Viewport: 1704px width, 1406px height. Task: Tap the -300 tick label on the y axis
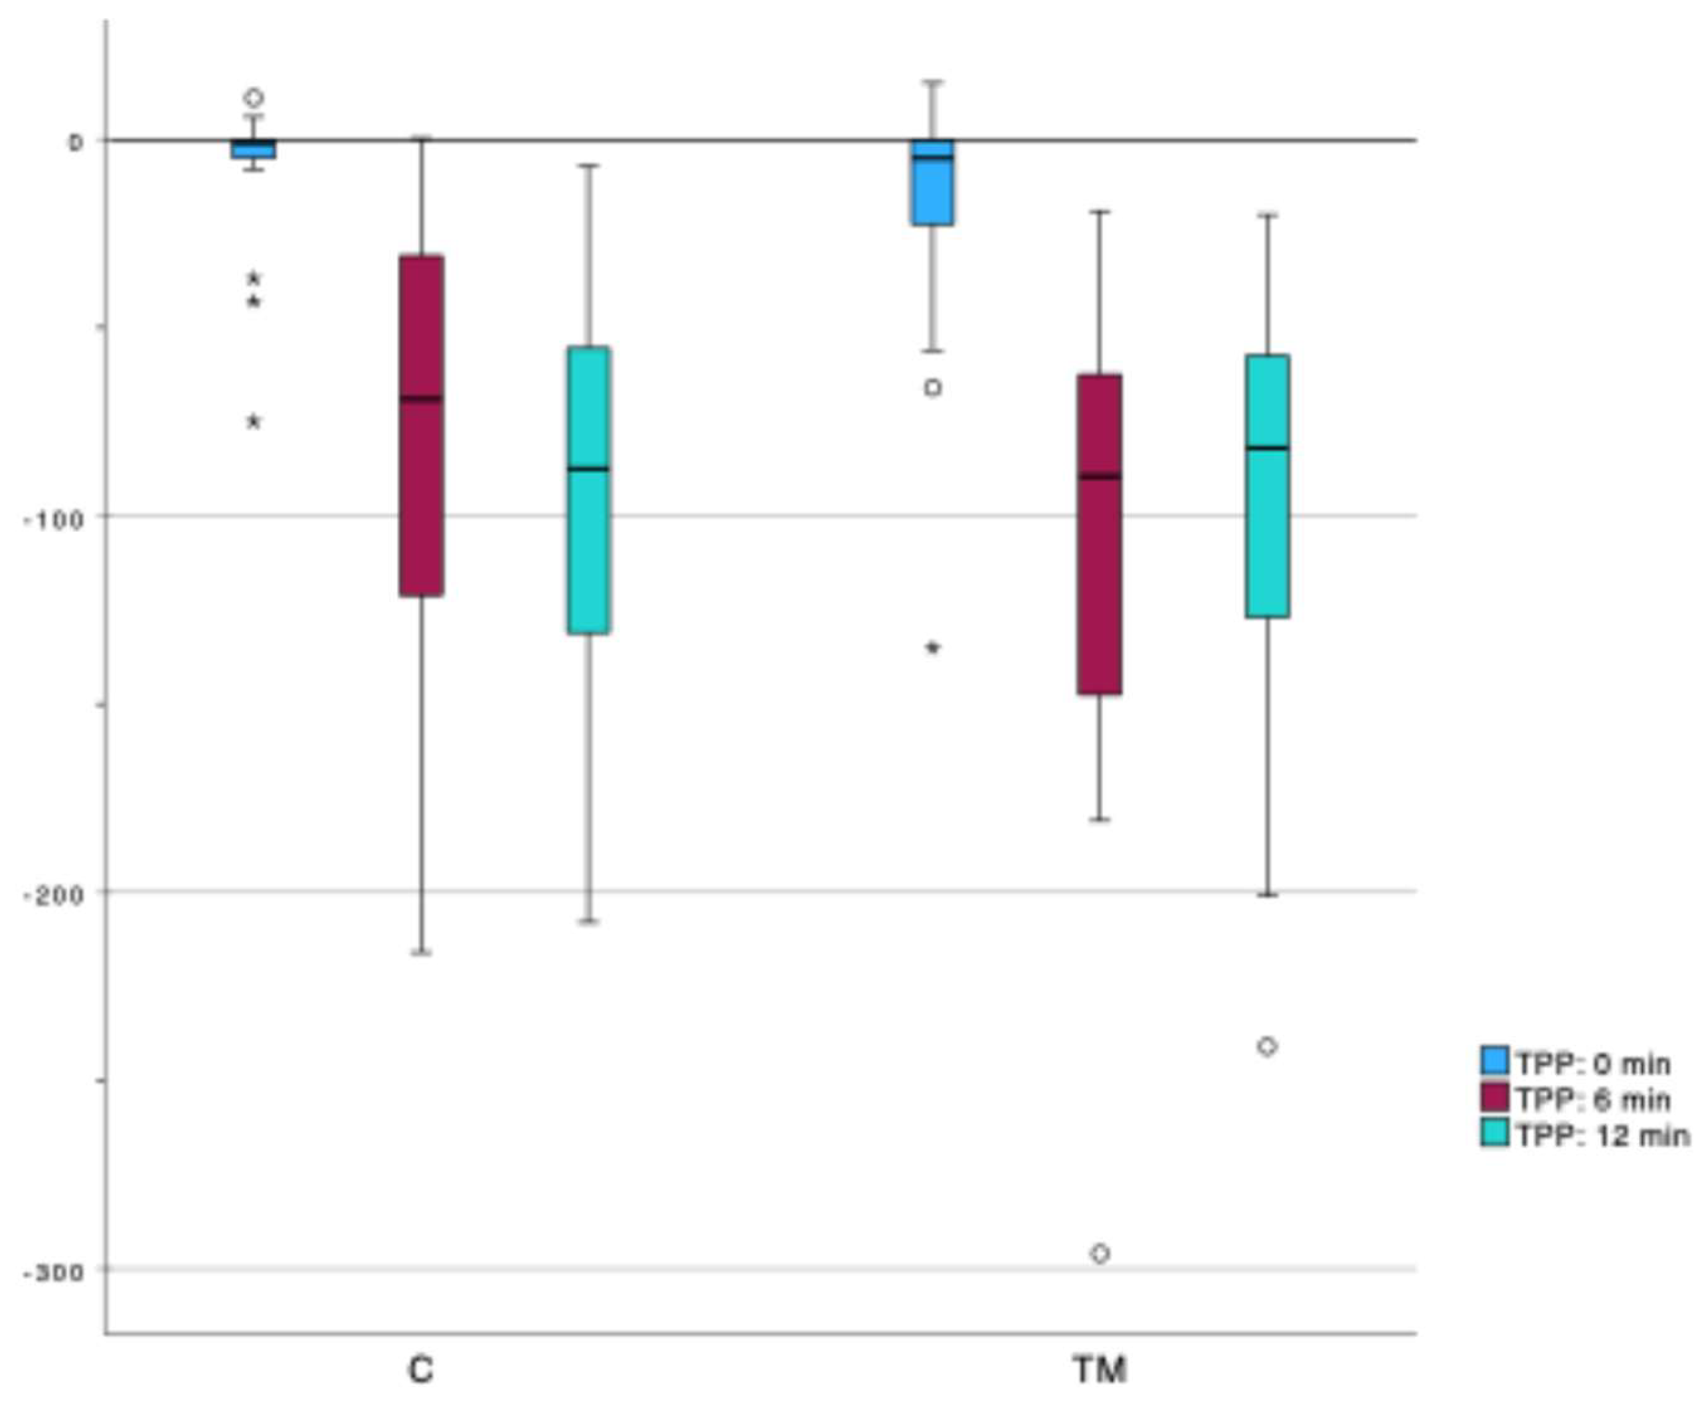[x=54, y=1272]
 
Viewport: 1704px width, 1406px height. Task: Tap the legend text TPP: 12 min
[x=1602, y=1136]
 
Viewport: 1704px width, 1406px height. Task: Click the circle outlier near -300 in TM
[x=1100, y=1253]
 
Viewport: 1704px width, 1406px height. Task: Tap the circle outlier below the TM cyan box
[x=1267, y=1046]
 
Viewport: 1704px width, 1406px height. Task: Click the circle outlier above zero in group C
[x=254, y=98]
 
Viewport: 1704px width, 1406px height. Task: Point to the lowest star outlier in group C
[x=254, y=421]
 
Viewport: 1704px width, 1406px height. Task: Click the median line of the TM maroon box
[x=1100, y=476]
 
